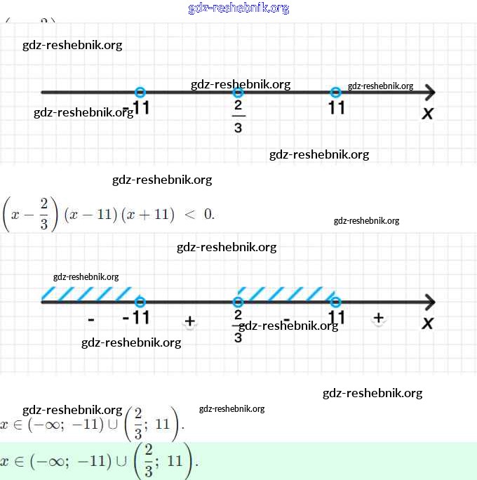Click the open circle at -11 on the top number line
[140, 92]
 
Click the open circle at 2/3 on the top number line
[238, 92]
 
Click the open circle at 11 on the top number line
[336, 92]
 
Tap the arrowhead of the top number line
[429, 92]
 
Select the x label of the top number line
[427, 113]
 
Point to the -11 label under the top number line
[138, 108]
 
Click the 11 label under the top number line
[336, 108]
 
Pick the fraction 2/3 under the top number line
[238, 116]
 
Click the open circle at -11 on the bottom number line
[140, 302]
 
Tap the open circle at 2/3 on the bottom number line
[238, 302]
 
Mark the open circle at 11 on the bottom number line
[336, 302]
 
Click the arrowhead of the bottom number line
[429, 302]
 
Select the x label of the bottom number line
[427, 323]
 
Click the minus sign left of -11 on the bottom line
[91, 320]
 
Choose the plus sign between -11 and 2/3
[189, 321]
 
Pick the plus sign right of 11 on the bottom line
[379, 318]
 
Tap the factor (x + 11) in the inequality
[147, 215]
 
